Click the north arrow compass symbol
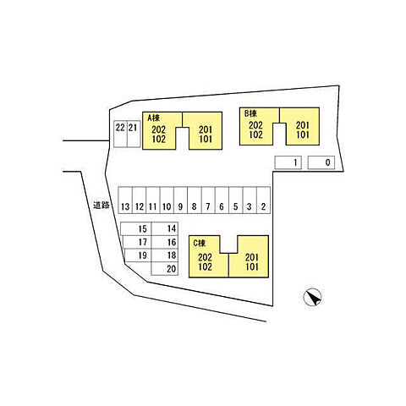click(312, 298)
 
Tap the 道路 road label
click(101, 205)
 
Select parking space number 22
click(120, 134)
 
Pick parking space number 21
click(134, 134)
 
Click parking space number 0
click(321, 162)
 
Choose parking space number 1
click(288, 162)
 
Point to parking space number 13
click(125, 200)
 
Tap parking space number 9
click(180, 200)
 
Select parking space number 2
click(263, 200)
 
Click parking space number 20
click(165, 269)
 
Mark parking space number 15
click(136, 228)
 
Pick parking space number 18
click(165, 255)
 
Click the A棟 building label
click(154, 118)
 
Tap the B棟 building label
click(250, 113)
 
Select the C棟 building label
click(200, 243)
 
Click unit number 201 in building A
click(206, 129)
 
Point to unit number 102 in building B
click(255, 134)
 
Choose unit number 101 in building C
click(252, 266)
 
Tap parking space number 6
click(222, 200)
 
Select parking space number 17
click(137, 242)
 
